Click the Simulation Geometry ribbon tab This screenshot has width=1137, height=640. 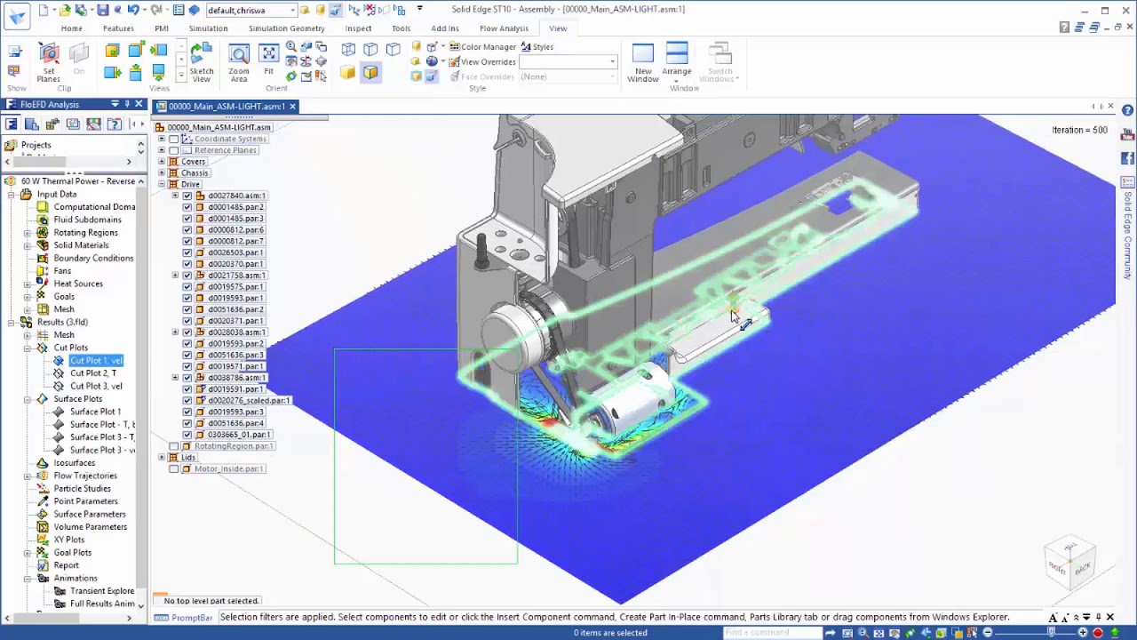tap(286, 28)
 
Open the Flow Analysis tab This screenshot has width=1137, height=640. tap(504, 28)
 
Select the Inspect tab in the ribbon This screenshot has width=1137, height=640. tap(358, 28)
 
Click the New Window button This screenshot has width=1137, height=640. tap(642, 62)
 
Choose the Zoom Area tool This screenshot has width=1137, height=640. tap(238, 62)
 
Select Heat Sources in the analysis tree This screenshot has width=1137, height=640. tap(78, 284)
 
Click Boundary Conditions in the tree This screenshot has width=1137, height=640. tap(93, 258)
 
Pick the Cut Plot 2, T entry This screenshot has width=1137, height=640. tap(93, 373)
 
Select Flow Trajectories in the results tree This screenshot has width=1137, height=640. tap(85, 476)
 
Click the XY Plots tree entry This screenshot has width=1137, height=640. tap(69, 540)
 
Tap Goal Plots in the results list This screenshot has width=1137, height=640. tap(72, 552)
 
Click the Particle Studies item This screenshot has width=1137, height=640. tap(82, 488)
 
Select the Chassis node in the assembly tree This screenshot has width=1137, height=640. tap(195, 173)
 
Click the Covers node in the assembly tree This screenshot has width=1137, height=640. tap(194, 162)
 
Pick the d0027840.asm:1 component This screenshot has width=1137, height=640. tap(236, 196)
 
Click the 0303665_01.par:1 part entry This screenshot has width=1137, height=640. tap(239, 435)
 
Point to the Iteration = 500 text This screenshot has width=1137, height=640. tap(1079, 130)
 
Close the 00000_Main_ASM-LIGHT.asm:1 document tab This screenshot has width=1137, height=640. tap(292, 107)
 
